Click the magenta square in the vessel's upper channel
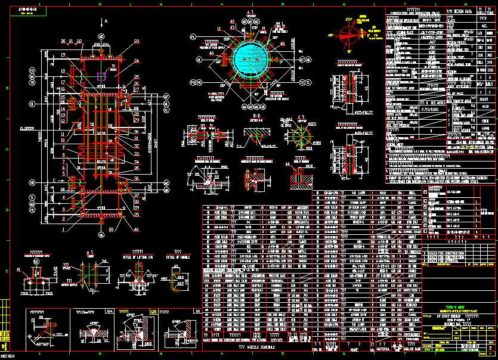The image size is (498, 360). [x=101, y=76]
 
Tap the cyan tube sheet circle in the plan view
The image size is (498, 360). [x=251, y=57]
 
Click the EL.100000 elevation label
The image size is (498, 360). [x=26, y=127]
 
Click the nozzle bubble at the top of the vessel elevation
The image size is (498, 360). [x=101, y=36]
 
